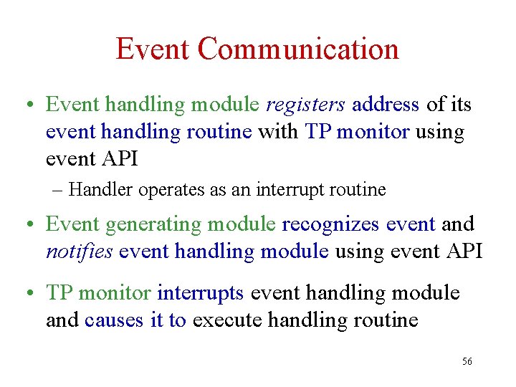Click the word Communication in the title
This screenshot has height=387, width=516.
pos(298,49)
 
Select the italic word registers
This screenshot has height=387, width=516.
pos(306,105)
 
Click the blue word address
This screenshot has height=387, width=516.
pos(386,105)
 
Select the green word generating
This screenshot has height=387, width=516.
pos(154,225)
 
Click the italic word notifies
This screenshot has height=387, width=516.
pos(80,252)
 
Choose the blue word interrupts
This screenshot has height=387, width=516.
pos(201,293)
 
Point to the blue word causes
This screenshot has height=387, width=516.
pos(115,320)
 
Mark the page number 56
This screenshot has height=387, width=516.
pos(467,362)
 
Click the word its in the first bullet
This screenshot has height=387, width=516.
pos(459,105)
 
